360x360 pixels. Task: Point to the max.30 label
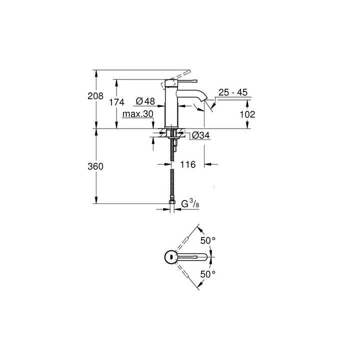pos(137,114)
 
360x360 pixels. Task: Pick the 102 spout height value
pos(247,114)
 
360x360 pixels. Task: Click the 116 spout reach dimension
pos(188,164)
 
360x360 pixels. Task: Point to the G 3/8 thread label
pos(190,204)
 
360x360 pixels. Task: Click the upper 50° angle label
pos(207,240)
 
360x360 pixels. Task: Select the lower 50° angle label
pos(207,274)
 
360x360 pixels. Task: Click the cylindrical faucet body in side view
pos(171,107)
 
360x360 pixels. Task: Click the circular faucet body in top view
pos(171,257)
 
